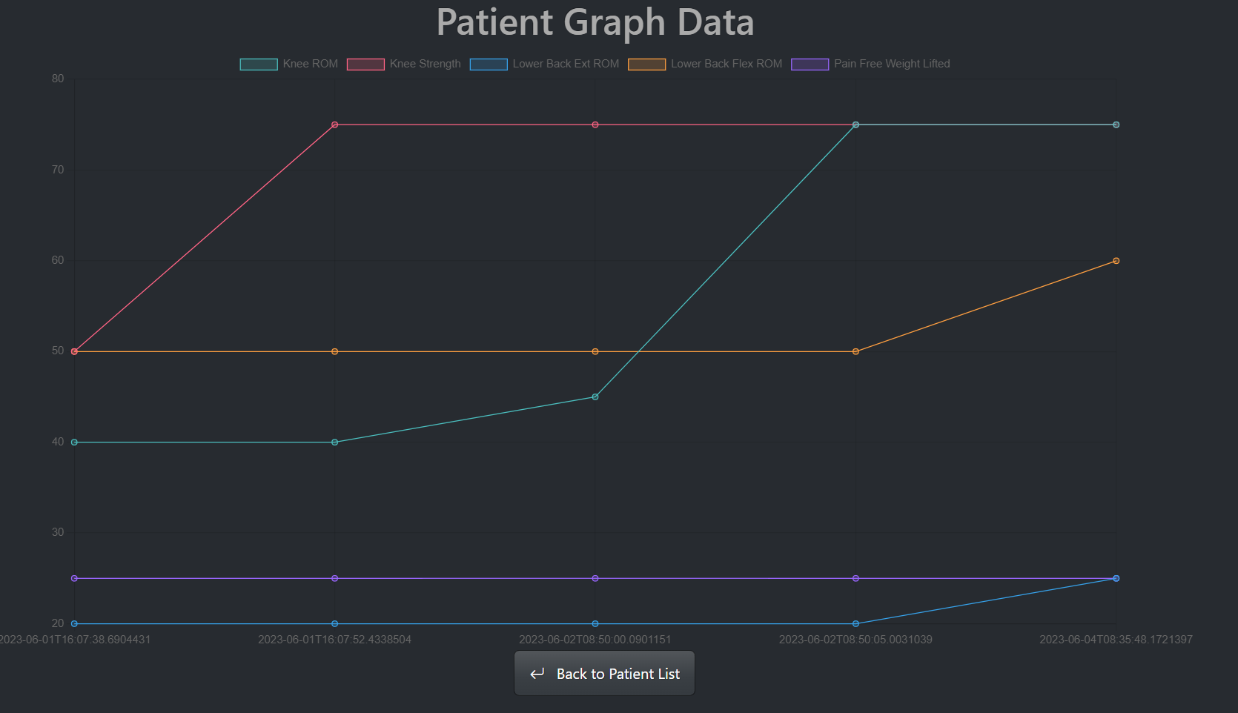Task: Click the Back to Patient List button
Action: pos(604,673)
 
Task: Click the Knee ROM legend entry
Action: pos(288,64)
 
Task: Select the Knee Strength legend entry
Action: pos(403,64)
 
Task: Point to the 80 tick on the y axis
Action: pos(58,79)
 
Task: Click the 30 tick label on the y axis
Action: pos(58,532)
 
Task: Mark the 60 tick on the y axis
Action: pos(58,260)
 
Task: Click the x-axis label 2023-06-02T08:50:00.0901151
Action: pos(595,640)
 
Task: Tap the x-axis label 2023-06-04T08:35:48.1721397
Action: pos(1116,640)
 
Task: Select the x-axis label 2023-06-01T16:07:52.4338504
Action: pos(334,640)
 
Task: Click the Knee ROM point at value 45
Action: pos(595,397)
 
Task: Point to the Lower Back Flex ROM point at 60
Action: pos(1116,261)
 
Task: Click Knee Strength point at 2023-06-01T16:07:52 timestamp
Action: pos(335,125)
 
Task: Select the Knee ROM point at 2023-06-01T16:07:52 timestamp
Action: pos(335,442)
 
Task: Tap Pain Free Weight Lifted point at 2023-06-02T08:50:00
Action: pos(595,578)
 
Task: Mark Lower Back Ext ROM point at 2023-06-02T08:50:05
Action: pos(855,624)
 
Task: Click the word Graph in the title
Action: pos(615,22)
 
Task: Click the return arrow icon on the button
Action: pos(537,674)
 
